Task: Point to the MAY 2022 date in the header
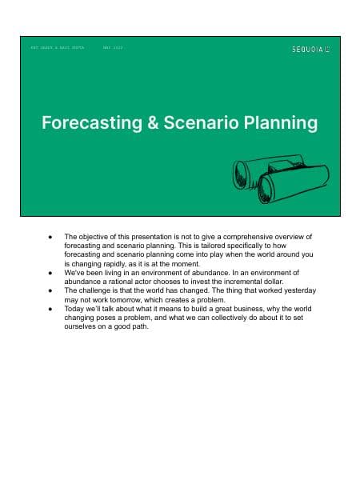[x=113, y=48]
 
